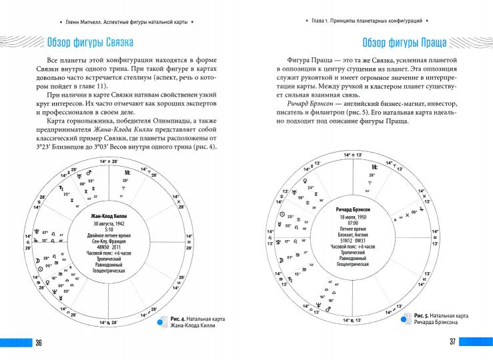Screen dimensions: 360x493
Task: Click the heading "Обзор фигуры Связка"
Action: click(89, 44)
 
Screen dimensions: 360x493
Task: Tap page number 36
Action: click(39, 343)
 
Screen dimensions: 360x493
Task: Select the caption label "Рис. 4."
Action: click(179, 319)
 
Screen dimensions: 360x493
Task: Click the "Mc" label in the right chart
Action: click(375, 167)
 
